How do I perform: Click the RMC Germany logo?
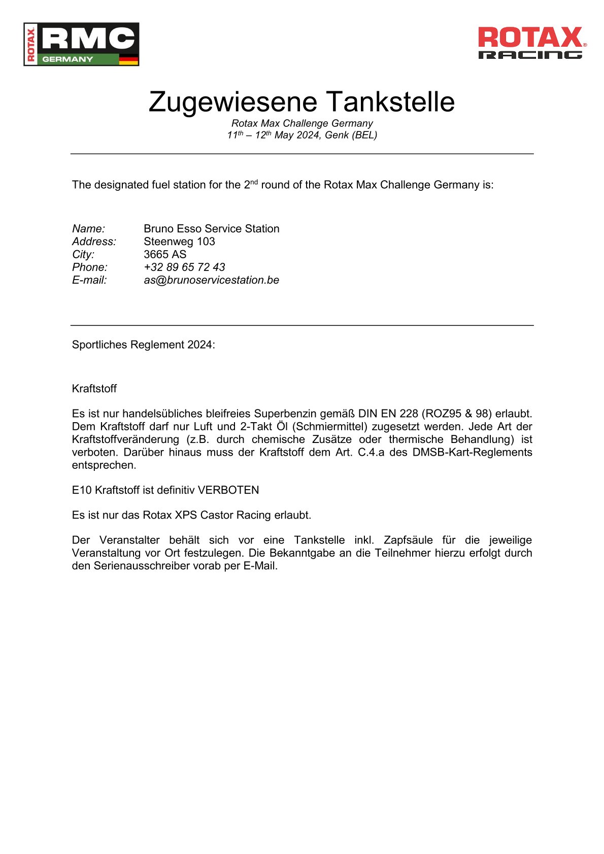(x=81, y=44)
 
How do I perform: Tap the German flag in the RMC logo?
(x=128, y=59)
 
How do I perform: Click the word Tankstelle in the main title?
(x=390, y=101)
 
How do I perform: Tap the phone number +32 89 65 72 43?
(x=184, y=267)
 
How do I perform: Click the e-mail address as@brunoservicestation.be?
(x=211, y=280)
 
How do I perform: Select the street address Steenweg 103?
(x=179, y=242)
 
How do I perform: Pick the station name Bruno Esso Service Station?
(x=211, y=229)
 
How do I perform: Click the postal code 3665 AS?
(x=165, y=254)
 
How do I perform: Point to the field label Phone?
(x=90, y=267)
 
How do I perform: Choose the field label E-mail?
(x=89, y=280)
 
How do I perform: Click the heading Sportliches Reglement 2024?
(x=143, y=345)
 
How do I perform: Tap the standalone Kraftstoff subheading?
(x=94, y=389)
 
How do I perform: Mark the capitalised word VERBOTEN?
(x=228, y=490)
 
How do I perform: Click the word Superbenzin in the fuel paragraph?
(x=285, y=414)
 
